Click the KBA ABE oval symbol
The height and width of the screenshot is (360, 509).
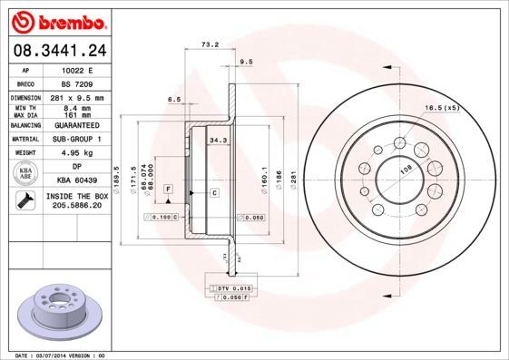26,172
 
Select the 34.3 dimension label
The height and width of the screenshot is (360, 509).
218,141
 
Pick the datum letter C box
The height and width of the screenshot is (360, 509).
214,192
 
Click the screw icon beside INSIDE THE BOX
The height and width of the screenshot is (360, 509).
26,200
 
